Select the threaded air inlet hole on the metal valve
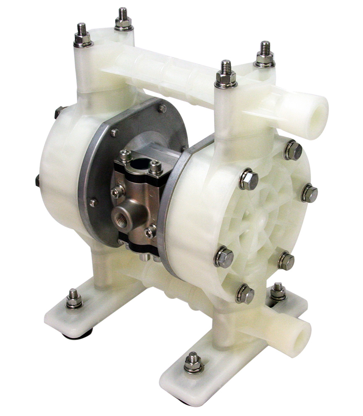(x=122, y=219)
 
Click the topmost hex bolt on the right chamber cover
(x=293, y=150)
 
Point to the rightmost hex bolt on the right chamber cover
(x=309, y=193)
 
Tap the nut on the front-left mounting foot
(x=74, y=299)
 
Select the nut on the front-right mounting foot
(x=193, y=362)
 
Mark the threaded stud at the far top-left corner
(x=82, y=35)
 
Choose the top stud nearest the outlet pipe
(x=265, y=55)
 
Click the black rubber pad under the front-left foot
(x=78, y=334)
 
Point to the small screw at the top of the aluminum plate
(x=162, y=109)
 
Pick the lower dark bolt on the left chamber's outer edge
(x=38, y=181)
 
